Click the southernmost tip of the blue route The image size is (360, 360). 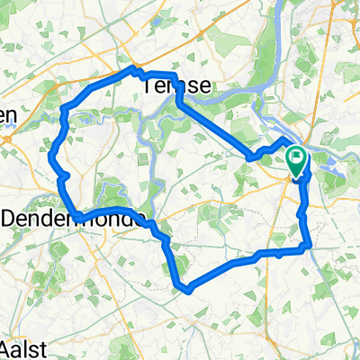tap(188, 291)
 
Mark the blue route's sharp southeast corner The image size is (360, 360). tap(310, 244)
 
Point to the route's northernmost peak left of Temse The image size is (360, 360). tap(135, 67)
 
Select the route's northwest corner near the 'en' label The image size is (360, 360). tap(62, 112)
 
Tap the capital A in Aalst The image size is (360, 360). tap(8, 346)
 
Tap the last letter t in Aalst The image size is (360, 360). tap(42, 346)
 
